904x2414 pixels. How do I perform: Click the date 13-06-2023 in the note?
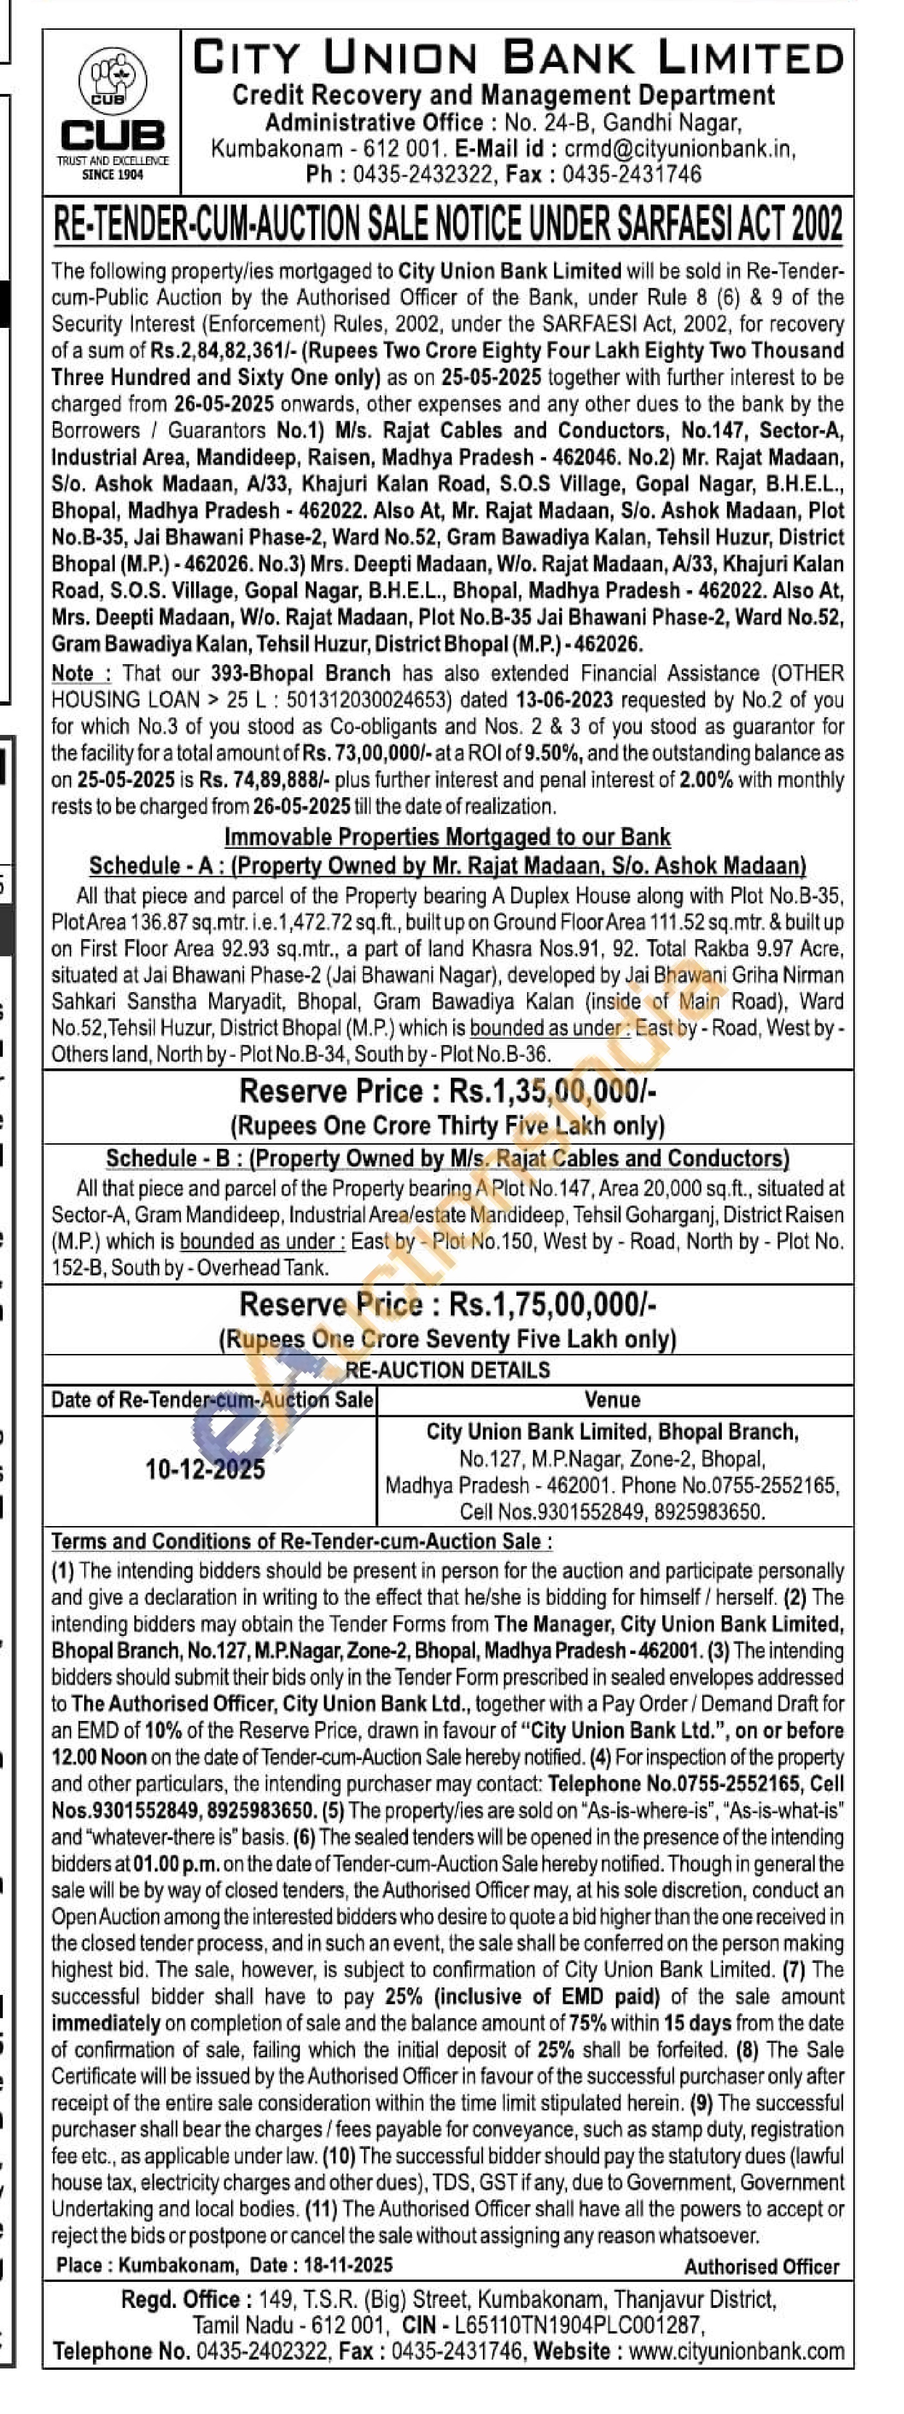[564, 700]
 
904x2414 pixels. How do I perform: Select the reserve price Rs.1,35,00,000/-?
[553, 1092]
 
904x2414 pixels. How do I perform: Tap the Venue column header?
[613, 1400]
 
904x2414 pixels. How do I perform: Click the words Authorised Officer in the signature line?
[762, 2267]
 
